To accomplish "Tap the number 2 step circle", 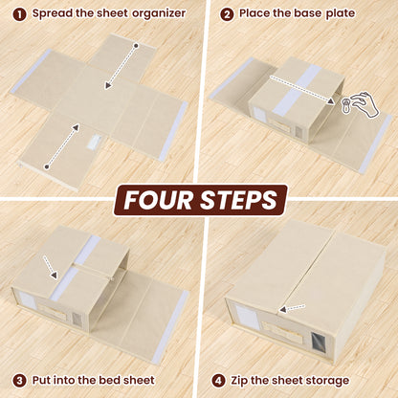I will click(x=228, y=14).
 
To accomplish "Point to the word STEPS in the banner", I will click(x=239, y=200).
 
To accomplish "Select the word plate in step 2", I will click(x=340, y=14).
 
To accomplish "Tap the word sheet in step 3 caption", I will click(x=142, y=381).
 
